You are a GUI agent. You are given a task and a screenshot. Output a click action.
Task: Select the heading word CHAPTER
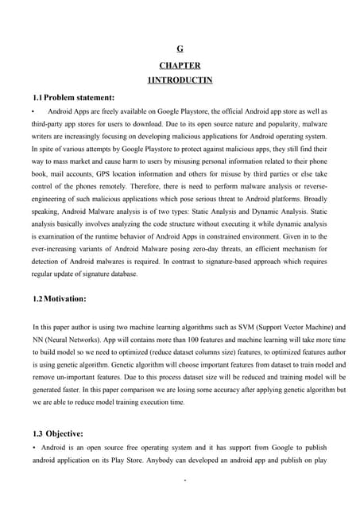pyautogui.click(x=180, y=65)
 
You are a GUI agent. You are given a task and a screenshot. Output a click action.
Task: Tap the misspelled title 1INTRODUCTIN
pyautogui.click(x=180, y=80)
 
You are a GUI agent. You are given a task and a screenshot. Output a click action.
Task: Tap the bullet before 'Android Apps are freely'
pyautogui.click(x=33, y=112)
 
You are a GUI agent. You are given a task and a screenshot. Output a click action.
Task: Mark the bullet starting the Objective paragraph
pyautogui.click(x=33, y=450)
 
